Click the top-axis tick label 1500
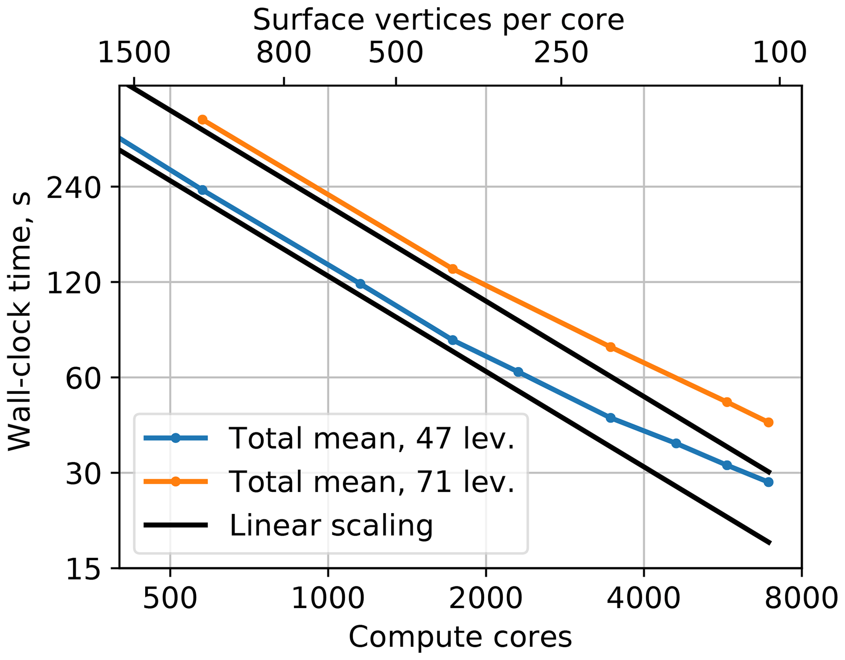click(134, 53)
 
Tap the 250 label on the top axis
click(561, 53)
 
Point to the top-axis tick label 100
click(779, 53)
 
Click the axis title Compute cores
click(460, 637)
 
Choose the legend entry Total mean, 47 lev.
click(371, 438)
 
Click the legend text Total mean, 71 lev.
click(371, 481)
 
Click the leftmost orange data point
click(202, 119)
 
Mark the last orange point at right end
click(769, 422)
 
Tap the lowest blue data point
click(769, 482)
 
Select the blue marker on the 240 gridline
click(202, 190)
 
